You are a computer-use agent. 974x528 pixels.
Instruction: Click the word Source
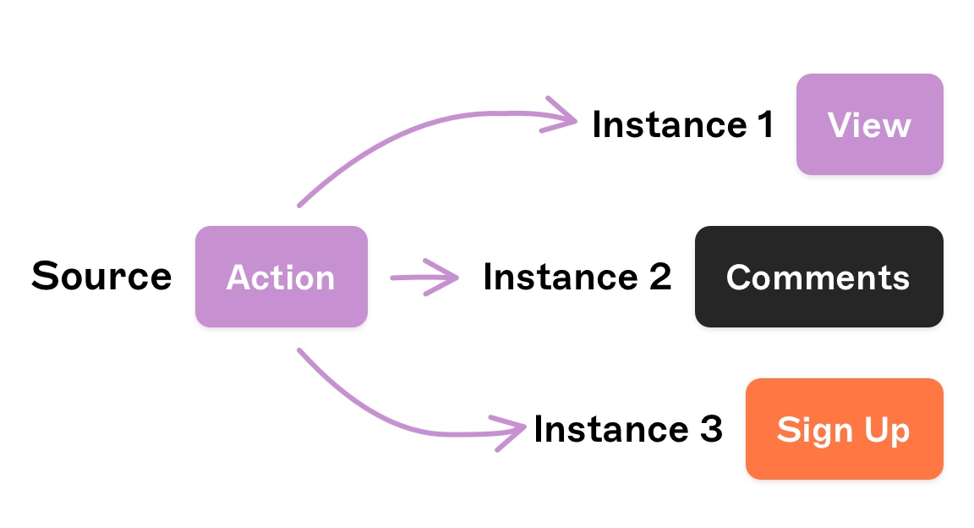pos(101,277)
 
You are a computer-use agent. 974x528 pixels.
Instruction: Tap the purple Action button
pos(281,277)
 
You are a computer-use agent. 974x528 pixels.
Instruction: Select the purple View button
pos(869,125)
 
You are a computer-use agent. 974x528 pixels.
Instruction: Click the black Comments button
pos(818,277)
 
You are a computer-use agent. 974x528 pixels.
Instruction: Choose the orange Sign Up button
pos(844,429)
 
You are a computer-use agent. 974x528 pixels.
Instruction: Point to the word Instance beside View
pos(658,125)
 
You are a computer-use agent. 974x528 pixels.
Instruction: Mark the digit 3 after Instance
pos(710,429)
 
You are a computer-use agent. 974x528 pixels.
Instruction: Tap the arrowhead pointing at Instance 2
pos(451,277)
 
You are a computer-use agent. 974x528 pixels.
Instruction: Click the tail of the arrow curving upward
pos(300,204)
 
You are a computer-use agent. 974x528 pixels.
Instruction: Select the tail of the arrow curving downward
pos(300,349)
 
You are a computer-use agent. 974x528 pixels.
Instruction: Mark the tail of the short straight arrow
pos(393,277)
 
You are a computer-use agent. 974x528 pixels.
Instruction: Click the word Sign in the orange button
pos(814,430)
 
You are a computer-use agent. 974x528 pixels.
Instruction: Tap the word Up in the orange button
pos(887,430)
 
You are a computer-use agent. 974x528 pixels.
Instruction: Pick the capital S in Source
pos(44,277)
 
